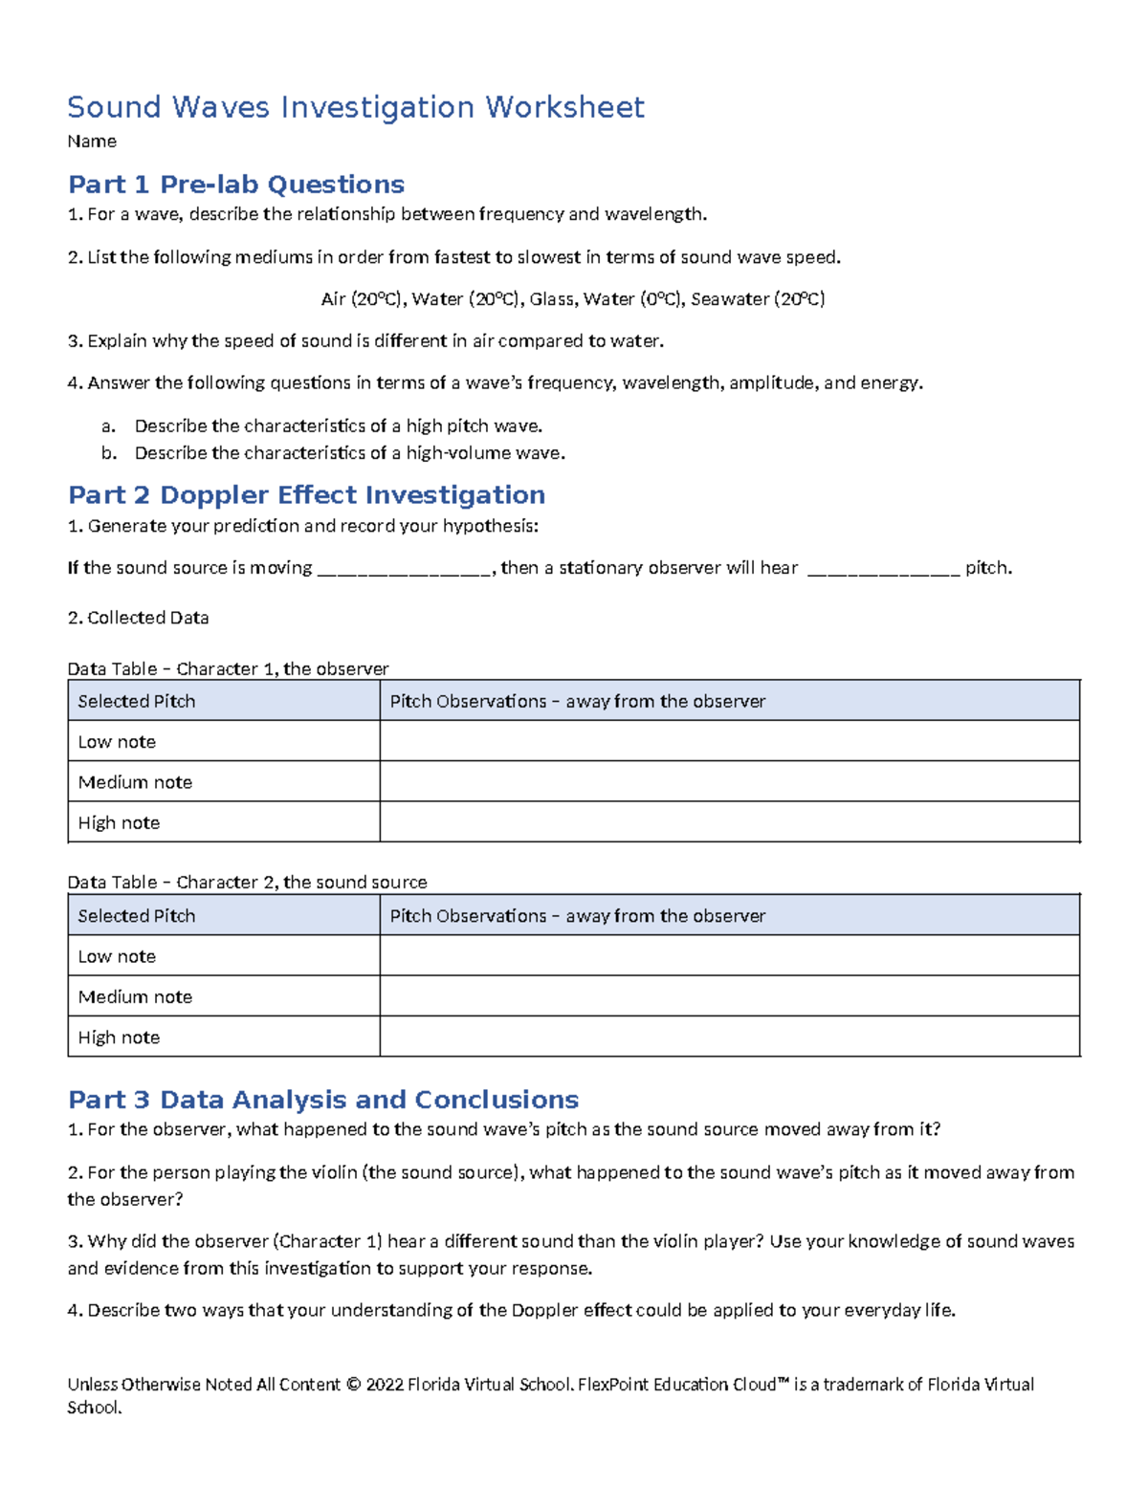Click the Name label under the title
(x=92, y=142)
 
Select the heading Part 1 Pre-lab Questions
(x=235, y=184)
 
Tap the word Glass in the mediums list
(x=552, y=299)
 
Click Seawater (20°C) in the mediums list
(x=758, y=299)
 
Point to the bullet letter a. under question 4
(x=108, y=426)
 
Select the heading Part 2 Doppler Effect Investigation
(x=306, y=494)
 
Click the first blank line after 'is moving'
(x=404, y=570)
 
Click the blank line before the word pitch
(x=883, y=570)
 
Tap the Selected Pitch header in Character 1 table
(x=136, y=701)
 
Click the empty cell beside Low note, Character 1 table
(x=729, y=741)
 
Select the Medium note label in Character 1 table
(x=135, y=782)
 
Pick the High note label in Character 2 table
(x=119, y=1037)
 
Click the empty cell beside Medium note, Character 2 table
(x=729, y=996)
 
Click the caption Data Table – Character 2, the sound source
(x=247, y=883)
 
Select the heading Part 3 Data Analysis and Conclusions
(x=323, y=1100)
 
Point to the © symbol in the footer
(x=352, y=1385)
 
